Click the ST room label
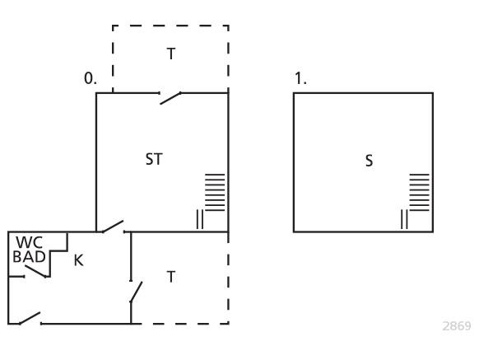154,159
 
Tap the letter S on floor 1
369,161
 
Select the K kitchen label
78,260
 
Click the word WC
30,242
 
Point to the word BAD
29,257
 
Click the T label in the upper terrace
171,54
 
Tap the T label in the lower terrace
171,277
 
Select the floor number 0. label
91,78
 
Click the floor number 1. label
300,78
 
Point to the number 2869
457,326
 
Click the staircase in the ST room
215,192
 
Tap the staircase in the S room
419,192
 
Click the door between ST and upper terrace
170,98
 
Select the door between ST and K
113,227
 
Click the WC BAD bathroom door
36,272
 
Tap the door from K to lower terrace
137,292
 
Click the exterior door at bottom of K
30,318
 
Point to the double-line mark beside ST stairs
199,219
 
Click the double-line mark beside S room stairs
404,219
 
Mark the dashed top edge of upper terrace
170,26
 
